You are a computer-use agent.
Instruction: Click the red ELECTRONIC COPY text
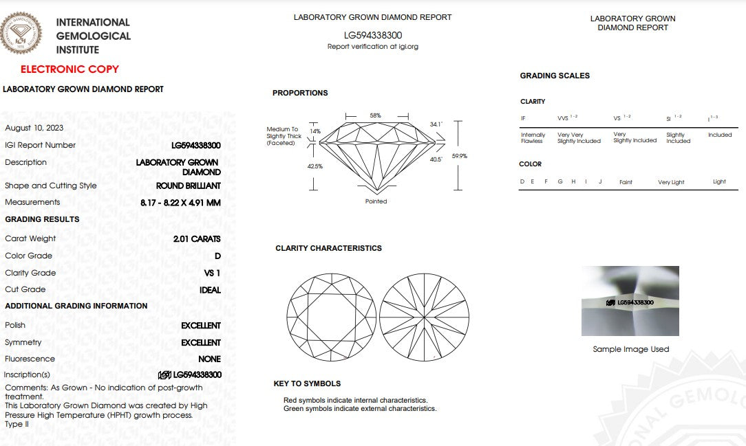(x=70, y=69)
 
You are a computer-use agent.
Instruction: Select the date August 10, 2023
(x=34, y=128)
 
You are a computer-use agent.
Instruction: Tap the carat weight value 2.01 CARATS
(x=197, y=238)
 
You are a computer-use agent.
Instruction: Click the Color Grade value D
(x=217, y=256)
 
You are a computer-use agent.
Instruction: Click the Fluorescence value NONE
(x=209, y=359)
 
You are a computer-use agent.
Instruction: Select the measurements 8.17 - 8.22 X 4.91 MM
(x=180, y=203)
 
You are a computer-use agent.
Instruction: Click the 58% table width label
(x=375, y=115)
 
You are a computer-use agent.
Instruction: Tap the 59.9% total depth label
(x=460, y=156)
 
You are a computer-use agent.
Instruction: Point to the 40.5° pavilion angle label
(x=436, y=159)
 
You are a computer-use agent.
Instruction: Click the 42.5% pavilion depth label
(x=315, y=166)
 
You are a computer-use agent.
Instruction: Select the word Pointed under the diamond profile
(x=376, y=201)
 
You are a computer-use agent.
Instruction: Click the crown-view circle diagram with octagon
(x=331, y=317)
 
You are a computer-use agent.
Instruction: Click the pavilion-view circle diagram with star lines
(x=424, y=317)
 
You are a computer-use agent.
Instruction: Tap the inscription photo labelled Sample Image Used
(x=630, y=301)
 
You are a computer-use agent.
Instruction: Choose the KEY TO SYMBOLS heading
(x=307, y=383)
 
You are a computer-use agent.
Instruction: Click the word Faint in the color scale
(x=626, y=182)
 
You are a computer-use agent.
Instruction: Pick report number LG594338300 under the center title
(x=373, y=35)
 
